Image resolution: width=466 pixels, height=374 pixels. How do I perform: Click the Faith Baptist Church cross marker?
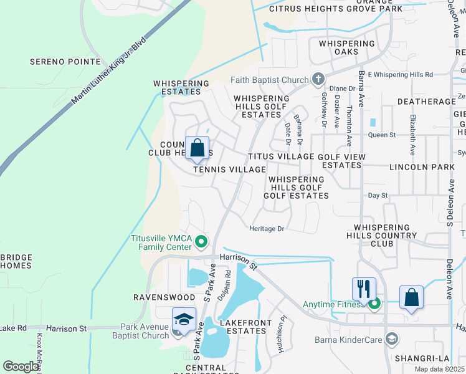[318, 79]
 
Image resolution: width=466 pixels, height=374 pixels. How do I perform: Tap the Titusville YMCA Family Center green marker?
[201, 241]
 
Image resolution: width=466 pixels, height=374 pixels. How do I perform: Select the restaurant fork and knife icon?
[364, 289]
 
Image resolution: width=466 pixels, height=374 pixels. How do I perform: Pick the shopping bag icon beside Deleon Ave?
[411, 297]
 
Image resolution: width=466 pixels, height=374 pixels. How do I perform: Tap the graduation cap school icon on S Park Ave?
[184, 320]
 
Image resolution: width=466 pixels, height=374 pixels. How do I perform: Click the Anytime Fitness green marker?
[374, 304]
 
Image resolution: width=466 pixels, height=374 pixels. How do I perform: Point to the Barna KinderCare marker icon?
[391, 339]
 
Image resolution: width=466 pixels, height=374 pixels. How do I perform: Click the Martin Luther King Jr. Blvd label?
[108, 71]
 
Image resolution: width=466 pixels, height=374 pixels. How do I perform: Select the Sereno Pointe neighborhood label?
[65, 62]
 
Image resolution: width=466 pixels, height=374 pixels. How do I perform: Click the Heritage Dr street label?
[267, 229]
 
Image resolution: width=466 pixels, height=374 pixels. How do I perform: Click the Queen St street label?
[382, 135]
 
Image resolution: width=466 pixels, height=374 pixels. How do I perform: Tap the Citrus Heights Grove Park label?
[336, 9]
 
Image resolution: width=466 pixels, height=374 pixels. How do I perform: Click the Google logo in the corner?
[21, 366]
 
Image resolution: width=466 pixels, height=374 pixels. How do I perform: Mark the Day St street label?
[378, 195]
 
